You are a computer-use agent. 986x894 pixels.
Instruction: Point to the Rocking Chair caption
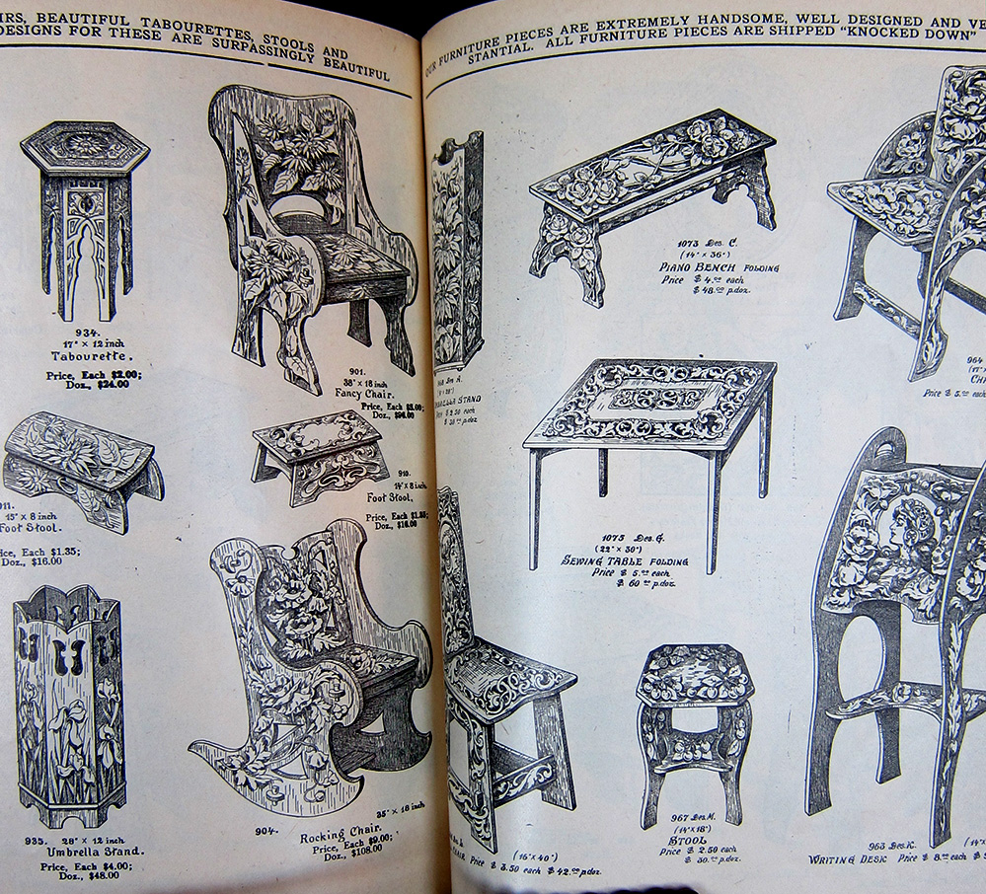(x=336, y=837)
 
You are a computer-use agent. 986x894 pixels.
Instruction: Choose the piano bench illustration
(x=651, y=197)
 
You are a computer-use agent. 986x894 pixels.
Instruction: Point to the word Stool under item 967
(x=694, y=841)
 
